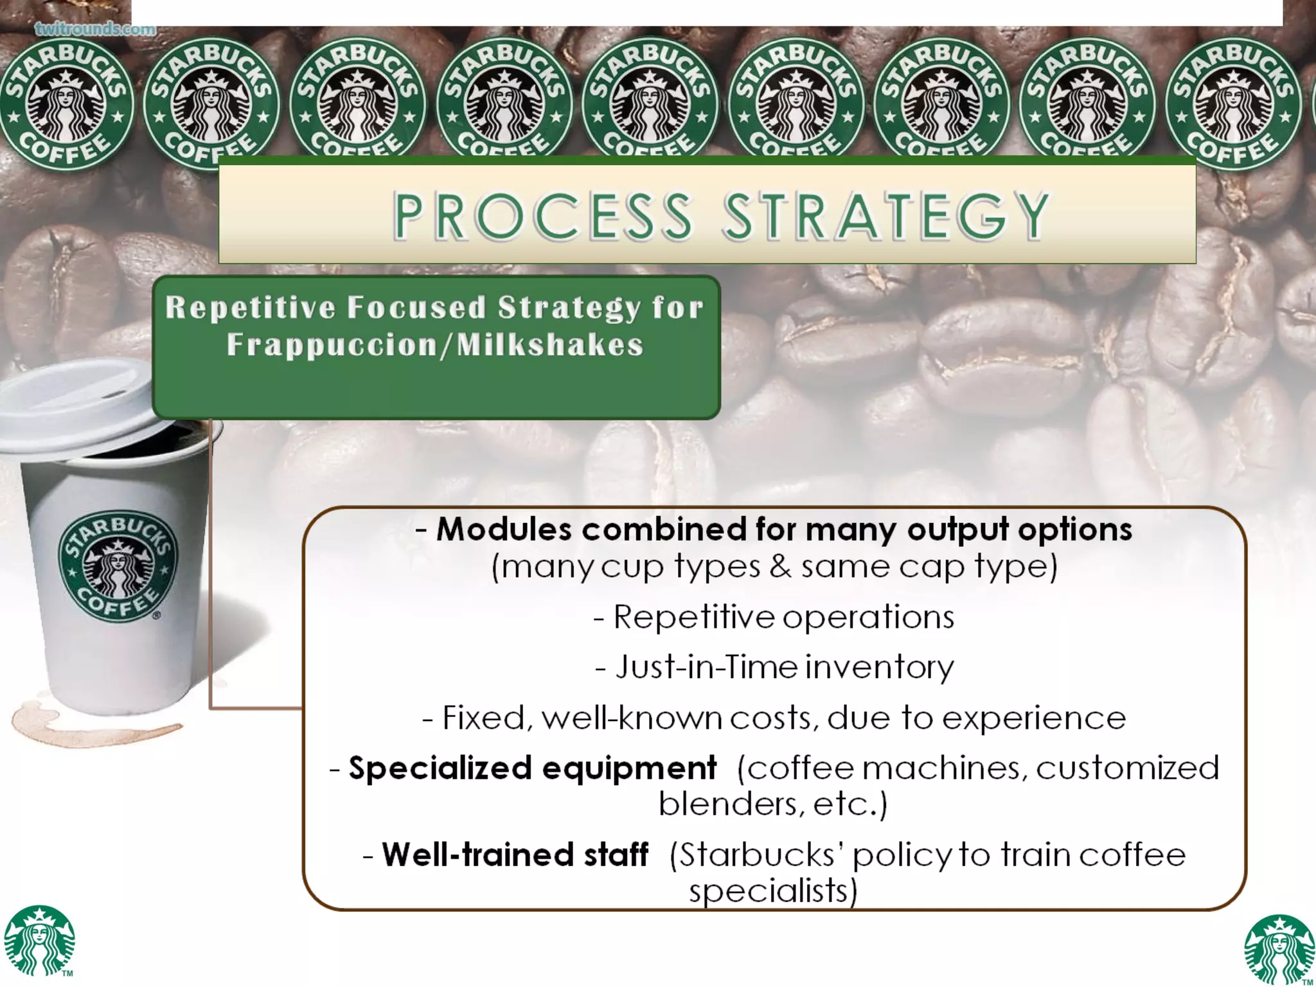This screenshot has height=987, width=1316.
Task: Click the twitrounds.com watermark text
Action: pyautogui.click(x=95, y=29)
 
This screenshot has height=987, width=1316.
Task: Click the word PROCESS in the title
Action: pyautogui.click(x=544, y=216)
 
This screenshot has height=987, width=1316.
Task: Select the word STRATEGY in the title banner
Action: pyautogui.click(x=887, y=216)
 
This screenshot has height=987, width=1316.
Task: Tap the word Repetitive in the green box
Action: pyautogui.click(x=250, y=307)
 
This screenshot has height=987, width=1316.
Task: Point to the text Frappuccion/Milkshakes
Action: pyautogui.click(x=435, y=344)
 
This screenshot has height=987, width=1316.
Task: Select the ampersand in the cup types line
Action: pyautogui.click(x=780, y=567)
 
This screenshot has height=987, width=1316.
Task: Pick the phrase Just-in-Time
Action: pyautogui.click(x=707, y=666)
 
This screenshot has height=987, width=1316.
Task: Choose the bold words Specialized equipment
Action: pyautogui.click(x=532, y=768)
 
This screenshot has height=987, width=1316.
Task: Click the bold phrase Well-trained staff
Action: pyautogui.click(x=515, y=855)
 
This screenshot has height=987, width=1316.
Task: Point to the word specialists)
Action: pyautogui.click(x=773, y=891)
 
